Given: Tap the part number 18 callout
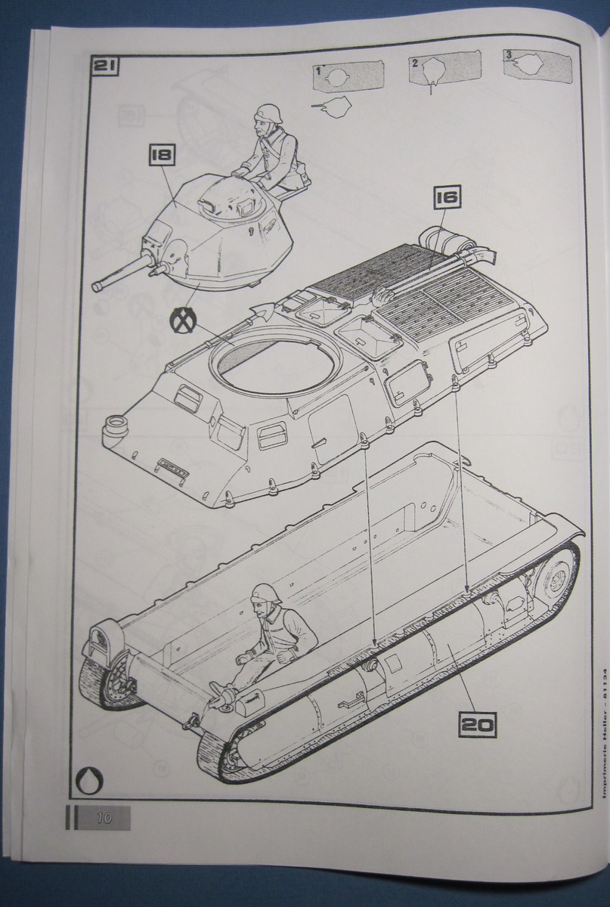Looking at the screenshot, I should click(x=163, y=156).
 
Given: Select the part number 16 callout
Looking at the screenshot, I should click(x=447, y=199).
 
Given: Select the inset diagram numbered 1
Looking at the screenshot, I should click(x=345, y=77).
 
